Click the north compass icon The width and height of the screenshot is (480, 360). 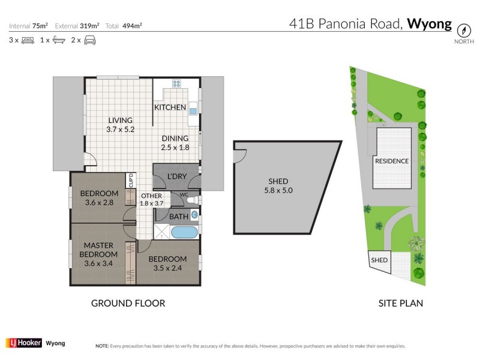[x=463, y=29]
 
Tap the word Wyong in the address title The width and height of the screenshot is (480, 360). [x=429, y=24]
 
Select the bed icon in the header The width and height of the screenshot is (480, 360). [x=27, y=40]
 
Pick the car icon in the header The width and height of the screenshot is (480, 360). [x=90, y=40]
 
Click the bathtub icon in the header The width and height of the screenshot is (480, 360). [x=59, y=40]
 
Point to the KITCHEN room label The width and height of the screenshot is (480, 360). [x=170, y=107]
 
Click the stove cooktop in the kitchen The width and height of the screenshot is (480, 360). [x=178, y=85]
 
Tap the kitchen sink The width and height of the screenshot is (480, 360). [x=193, y=110]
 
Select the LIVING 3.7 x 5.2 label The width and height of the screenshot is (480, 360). [x=120, y=125]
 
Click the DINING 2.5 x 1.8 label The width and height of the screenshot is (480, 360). [x=175, y=142]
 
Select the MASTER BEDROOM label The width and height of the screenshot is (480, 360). [x=98, y=254]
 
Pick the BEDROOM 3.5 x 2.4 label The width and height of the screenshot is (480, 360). [x=167, y=263]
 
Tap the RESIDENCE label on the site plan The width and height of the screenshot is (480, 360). [x=391, y=161]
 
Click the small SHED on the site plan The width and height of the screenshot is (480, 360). [x=379, y=260]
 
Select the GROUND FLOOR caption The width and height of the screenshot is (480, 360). [x=128, y=303]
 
